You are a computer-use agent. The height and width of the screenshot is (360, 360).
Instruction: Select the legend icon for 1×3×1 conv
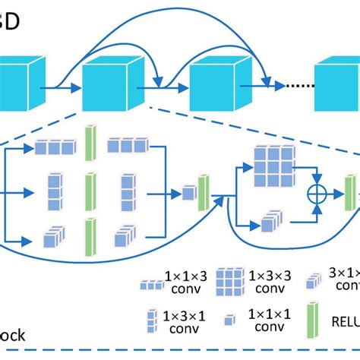coord(153,320)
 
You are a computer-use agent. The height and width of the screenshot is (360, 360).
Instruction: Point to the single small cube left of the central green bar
coord(188,194)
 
